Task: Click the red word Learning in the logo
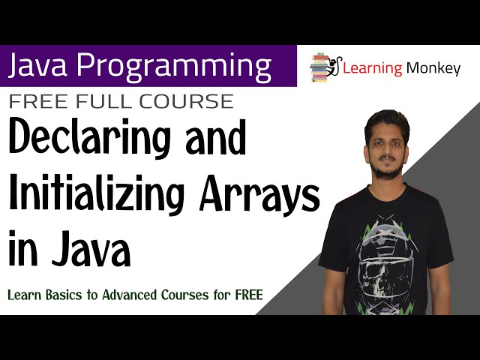372,68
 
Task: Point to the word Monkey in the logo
433,68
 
